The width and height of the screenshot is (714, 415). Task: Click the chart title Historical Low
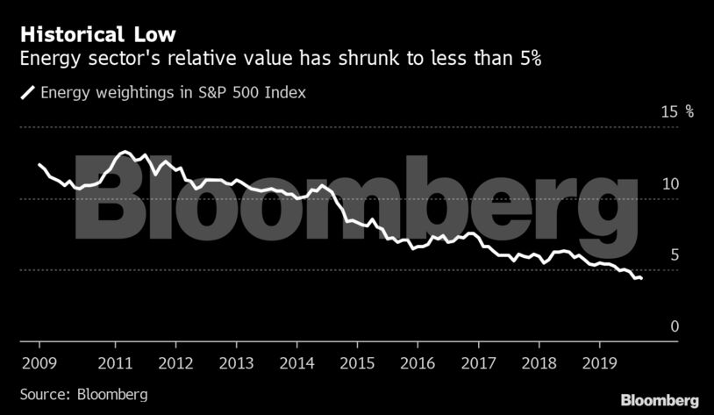pos(97,35)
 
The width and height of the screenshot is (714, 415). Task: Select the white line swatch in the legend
pos(28,91)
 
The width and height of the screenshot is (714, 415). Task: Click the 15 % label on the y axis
pos(676,111)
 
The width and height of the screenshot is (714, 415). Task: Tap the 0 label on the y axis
pos(675,326)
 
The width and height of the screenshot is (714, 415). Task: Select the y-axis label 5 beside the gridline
pos(675,254)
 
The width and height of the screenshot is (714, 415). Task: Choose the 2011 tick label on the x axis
pos(116,361)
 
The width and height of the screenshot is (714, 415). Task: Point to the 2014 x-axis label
pos(297,361)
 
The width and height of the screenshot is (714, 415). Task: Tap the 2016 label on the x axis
pos(418,361)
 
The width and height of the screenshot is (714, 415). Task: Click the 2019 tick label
pos(599,361)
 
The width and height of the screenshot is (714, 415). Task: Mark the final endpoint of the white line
pos(641,278)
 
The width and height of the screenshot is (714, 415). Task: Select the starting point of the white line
pos(39,164)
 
